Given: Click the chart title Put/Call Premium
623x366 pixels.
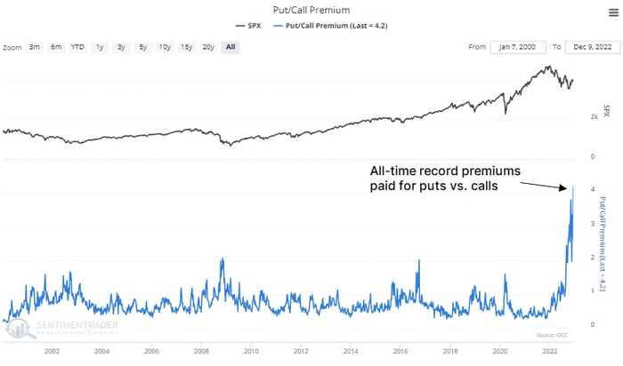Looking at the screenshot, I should [311, 10].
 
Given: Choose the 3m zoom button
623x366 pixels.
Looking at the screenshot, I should [34, 46].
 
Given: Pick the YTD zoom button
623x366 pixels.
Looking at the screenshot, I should [77, 46].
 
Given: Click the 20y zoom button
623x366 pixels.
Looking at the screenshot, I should [207, 46].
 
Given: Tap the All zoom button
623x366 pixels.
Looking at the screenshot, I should [231, 46].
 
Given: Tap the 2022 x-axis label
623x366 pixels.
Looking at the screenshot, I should [550, 351].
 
